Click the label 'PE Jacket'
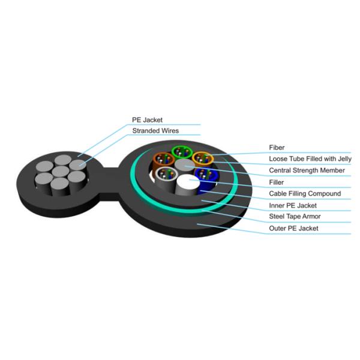point(147,120)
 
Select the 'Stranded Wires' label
point(155,131)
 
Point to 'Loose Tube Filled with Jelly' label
point(310,158)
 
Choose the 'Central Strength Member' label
point(307,170)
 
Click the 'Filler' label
point(277,182)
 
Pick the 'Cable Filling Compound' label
point(305,193)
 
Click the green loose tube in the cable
point(179,151)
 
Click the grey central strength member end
point(182,165)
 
